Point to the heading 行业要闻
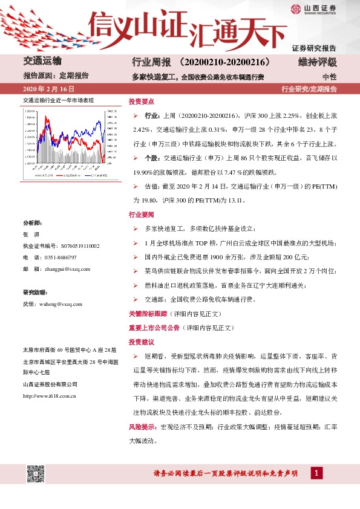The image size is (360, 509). [142, 215]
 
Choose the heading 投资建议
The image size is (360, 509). [142, 342]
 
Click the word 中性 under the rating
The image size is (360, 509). [329, 77]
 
